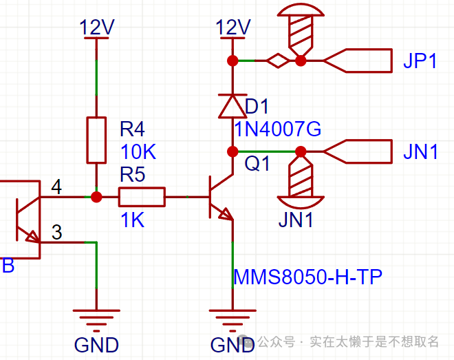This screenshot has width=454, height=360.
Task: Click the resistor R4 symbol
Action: point(96,140)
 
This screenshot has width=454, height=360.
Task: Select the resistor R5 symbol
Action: point(142,198)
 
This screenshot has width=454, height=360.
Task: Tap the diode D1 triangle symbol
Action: point(233,106)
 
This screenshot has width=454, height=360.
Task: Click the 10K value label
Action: point(139,152)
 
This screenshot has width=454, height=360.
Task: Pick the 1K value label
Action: point(132,220)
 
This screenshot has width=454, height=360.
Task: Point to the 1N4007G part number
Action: point(277,129)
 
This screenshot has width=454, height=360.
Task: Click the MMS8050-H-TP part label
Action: point(307,277)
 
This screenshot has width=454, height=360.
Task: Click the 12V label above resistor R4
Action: point(97,28)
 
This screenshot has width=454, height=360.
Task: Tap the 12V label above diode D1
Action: point(233,28)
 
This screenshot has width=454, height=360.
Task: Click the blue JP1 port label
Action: point(420,61)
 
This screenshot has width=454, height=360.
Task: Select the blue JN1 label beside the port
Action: point(420,151)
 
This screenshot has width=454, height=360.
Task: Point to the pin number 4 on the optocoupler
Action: point(56,187)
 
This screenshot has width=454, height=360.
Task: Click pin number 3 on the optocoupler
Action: point(56,233)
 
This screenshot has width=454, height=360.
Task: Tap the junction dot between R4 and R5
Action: point(96,198)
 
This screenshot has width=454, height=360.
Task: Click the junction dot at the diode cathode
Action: point(233,151)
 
